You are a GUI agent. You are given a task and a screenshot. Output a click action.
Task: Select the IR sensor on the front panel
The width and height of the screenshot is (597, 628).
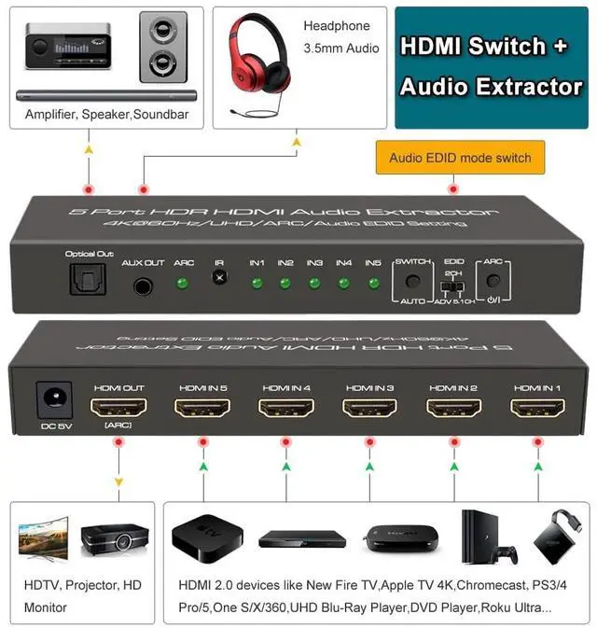pos(219,278)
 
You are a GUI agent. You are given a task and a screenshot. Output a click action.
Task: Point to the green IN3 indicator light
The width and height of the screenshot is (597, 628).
pos(314,283)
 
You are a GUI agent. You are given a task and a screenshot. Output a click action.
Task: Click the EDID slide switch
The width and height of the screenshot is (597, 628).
pos(454,285)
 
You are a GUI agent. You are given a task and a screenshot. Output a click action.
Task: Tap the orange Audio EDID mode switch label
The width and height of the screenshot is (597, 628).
pos(460,158)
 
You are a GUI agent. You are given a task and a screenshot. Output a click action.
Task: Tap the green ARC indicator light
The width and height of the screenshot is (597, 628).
pos(184,283)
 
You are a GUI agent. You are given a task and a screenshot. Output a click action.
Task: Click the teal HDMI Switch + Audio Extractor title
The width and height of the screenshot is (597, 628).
pos(490,67)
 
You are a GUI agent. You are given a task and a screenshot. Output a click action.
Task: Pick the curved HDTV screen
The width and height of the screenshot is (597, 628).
pos(43,540)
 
